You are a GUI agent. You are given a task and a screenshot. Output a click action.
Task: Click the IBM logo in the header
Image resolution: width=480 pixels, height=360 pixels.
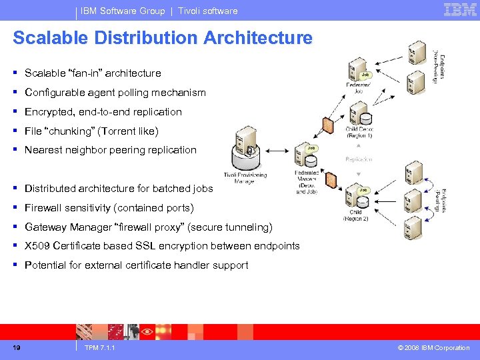tap(459, 10)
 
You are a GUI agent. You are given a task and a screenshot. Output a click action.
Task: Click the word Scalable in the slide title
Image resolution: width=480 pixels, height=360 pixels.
tap(51, 38)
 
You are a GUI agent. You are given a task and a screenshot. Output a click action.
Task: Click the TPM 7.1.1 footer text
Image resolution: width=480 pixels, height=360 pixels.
tap(100, 348)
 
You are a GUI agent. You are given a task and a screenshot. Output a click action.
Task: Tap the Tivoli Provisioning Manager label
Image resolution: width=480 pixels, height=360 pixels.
tap(244, 178)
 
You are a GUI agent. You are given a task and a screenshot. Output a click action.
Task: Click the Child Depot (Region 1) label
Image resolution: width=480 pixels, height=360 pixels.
tap(359, 132)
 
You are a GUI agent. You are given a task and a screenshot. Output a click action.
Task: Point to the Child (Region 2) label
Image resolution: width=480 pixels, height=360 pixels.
tap(356, 216)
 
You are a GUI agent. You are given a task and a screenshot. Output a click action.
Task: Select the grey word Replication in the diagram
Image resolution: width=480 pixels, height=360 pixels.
tap(359, 160)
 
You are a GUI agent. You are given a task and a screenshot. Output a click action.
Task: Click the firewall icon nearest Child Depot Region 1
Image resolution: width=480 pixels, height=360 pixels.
tap(328, 125)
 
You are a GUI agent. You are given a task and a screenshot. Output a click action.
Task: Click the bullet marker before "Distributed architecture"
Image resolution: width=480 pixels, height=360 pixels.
tap(15, 189)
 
